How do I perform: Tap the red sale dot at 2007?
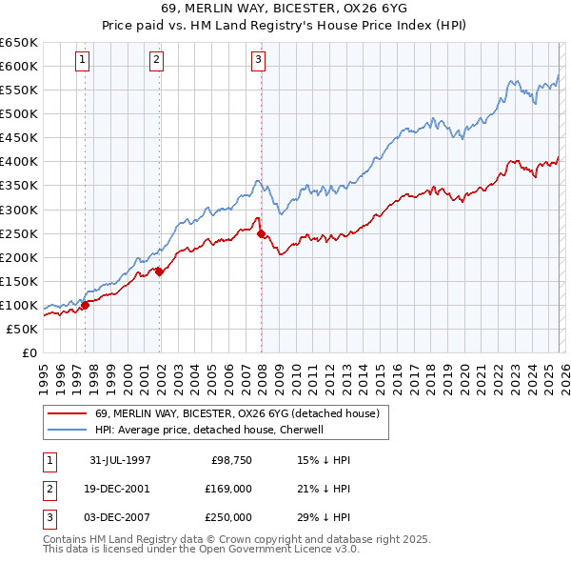262,233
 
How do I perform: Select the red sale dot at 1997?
86,305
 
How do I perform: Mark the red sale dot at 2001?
160,271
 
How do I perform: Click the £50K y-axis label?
22,329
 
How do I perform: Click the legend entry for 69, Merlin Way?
237,413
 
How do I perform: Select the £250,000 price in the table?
229,517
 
